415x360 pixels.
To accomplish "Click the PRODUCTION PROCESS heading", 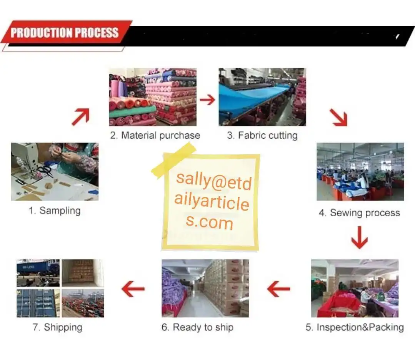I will click(x=65, y=32).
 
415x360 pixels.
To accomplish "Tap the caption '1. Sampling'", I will click(x=55, y=211).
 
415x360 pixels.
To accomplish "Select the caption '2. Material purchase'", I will click(x=155, y=135).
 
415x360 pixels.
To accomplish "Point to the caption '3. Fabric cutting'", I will click(x=262, y=135).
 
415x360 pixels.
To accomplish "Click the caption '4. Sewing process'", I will click(x=359, y=213).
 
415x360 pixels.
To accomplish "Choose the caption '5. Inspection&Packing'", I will click(x=355, y=327).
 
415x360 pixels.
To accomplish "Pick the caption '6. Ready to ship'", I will click(x=197, y=327).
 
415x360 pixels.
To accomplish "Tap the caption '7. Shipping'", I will click(x=57, y=327).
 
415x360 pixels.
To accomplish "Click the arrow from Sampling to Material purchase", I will click(x=80, y=116).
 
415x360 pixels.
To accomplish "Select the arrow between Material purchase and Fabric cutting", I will click(x=208, y=100).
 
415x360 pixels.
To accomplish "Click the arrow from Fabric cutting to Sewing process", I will click(x=338, y=118).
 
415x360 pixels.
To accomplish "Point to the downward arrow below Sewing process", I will click(x=359, y=237).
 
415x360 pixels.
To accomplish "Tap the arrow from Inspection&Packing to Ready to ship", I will click(x=278, y=289).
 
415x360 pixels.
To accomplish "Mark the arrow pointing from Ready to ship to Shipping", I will click(x=133, y=289).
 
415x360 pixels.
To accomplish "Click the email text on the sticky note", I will click(x=212, y=201).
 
